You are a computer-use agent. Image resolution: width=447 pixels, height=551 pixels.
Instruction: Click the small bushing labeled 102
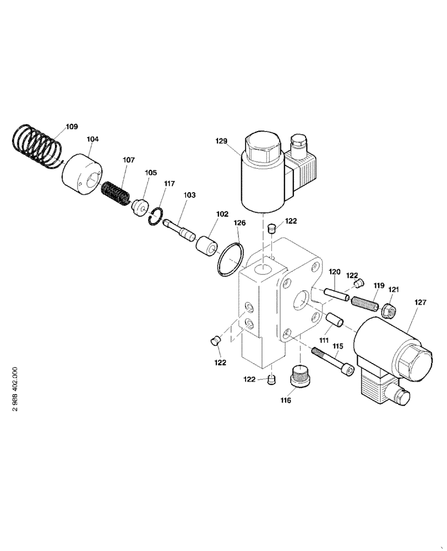click(206, 246)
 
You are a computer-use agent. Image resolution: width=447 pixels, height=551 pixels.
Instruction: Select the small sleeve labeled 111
click(334, 320)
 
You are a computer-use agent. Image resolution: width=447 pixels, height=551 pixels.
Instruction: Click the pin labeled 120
click(336, 294)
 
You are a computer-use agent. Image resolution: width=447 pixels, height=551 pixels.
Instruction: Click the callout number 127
click(421, 301)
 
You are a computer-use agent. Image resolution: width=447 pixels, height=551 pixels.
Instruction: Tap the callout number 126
click(239, 223)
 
